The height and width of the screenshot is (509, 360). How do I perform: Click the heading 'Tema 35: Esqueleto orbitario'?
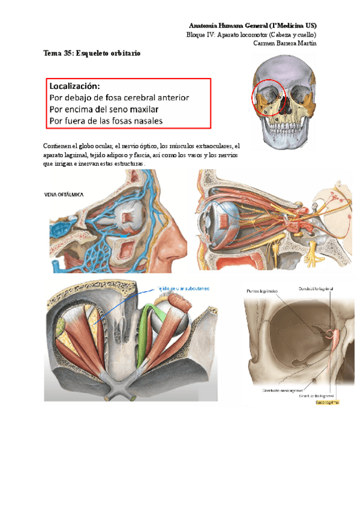(x=92, y=53)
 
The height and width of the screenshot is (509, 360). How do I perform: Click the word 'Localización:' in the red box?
(x=75, y=86)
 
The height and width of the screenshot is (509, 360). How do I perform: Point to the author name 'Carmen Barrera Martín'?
(x=285, y=43)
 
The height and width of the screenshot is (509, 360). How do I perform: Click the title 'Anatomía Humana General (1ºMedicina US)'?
(x=253, y=25)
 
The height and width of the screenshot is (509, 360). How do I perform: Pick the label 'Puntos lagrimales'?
(x=262, y=291)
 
